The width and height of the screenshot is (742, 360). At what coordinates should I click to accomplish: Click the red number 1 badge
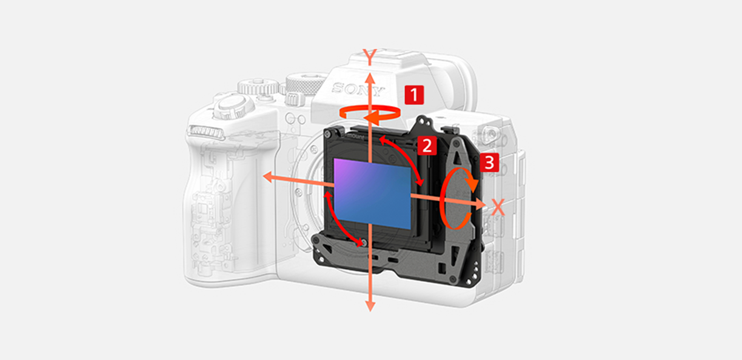click(415, 95)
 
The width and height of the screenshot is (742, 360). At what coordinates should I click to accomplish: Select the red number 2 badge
click(427, 145)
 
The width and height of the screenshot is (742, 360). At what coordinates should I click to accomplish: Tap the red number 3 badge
click(489, 162)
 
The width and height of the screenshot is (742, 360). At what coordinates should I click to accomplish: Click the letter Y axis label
click(370, 56)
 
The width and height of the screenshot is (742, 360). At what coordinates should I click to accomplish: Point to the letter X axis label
click(498, 207)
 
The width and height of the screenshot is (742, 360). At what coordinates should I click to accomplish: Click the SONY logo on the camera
click(358, 88)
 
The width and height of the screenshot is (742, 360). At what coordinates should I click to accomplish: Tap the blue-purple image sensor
click(372, 194)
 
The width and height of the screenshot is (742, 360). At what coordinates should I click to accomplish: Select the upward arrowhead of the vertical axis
click(370, 79)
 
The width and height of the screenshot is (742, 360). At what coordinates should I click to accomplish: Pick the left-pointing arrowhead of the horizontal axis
click(268, 177)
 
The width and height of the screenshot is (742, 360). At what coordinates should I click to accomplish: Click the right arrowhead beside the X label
click(480, 204)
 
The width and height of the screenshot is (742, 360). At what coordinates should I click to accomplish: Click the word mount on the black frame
click(355, 136)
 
